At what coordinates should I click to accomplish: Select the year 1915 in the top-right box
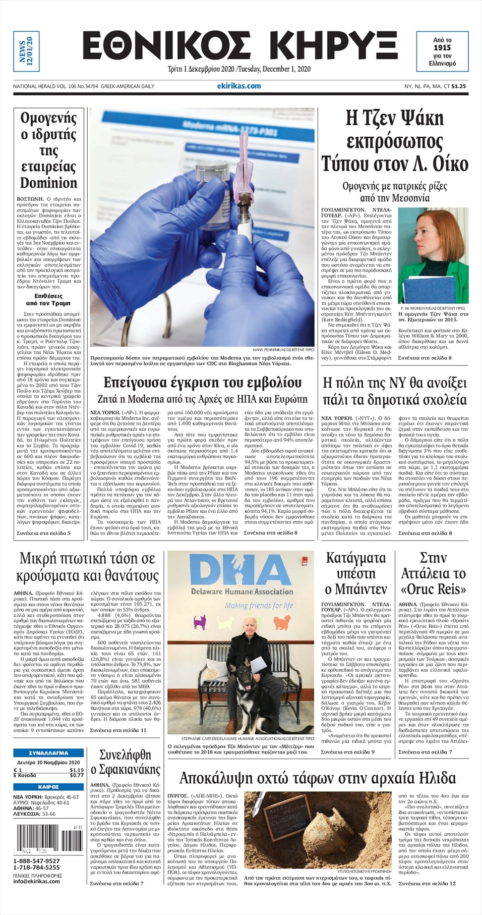(442, 47)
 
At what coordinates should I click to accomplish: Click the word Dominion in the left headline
(48, 183)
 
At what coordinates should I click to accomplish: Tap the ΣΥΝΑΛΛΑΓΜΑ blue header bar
(48, 752)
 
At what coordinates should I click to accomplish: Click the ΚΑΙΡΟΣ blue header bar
(48, 787)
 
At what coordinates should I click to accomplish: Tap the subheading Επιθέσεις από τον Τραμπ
(48, 299)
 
